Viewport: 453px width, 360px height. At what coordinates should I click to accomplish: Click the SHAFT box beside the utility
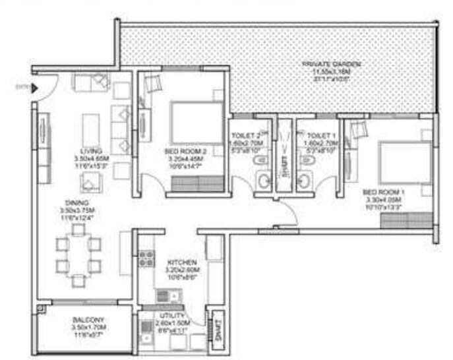tap(215, 326)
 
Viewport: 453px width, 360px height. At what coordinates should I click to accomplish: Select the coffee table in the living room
tap(91, 125)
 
